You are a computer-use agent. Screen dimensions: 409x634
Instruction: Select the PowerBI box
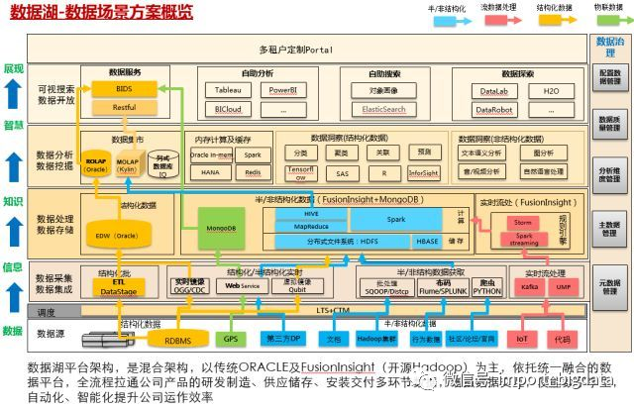tap(283, 90)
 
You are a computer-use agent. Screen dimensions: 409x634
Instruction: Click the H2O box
tap(550, 90)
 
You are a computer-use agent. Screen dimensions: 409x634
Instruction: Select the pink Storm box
tap(523, 223)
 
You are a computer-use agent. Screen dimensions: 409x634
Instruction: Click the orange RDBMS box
tap(178, 341)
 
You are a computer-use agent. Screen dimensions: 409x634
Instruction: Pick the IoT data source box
tap(523, 339)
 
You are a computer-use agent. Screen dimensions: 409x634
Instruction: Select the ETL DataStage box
tap(119, 287)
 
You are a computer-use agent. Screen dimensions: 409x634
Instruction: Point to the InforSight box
tap(422, 171)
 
